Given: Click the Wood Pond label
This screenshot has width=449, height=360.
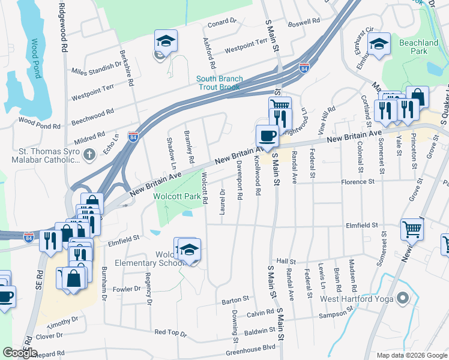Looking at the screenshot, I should point(35,59).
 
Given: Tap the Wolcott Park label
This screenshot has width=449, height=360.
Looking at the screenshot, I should point(176,196).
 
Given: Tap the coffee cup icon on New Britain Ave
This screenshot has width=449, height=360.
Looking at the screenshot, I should point(267,135).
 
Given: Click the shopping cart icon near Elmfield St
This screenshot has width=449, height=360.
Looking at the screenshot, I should point(412,228).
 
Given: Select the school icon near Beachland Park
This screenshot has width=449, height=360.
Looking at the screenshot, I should point(379,44).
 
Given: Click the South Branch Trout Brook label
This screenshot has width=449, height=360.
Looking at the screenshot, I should point(219,83).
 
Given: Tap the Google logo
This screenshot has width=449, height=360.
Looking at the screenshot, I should point(20,353).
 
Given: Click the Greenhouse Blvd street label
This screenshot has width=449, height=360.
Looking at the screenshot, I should point(255,347).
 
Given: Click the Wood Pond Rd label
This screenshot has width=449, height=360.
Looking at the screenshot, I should point(40,127).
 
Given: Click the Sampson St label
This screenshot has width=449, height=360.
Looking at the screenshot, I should point(334,313).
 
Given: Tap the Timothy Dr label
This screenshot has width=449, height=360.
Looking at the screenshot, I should point(63,321).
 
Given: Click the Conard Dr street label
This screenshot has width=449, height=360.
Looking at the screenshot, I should point(222,24).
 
